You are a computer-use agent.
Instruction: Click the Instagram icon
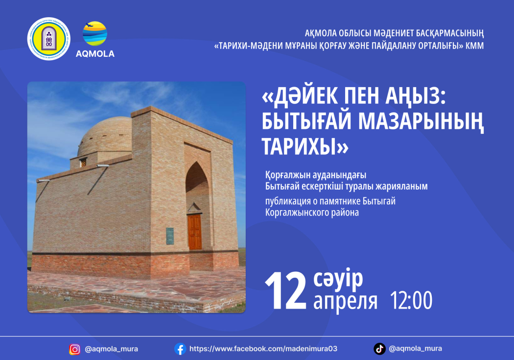click(75, 350)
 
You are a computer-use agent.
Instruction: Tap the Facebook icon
click(180, 349)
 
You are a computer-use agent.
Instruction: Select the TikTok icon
click(379, 349)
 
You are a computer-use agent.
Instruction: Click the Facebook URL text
click(263, 349)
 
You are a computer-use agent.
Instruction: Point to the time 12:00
click(411, 300)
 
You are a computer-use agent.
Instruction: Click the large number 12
click(285, 291)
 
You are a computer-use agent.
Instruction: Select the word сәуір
click(338, 279)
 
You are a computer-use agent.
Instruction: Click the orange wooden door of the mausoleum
click(194, 232)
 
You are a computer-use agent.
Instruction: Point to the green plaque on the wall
click(170, 236)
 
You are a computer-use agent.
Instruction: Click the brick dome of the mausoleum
click(105, 136)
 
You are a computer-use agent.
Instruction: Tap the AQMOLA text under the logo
click(95, 54)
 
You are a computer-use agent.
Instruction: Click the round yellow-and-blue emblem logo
click(49, 39)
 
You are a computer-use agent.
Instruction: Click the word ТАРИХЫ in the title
click(299, 146)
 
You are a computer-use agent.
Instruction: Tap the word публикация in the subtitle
click(288, 201)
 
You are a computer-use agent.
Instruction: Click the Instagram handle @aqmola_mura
click(111, 349)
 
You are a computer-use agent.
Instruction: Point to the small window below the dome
click(83, 162)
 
